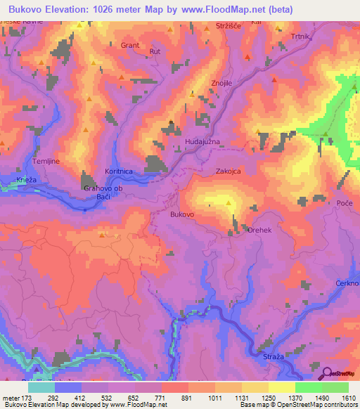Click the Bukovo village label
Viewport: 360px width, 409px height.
click(x=182, y=213)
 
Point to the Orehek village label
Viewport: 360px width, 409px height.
click(x=259, y=229)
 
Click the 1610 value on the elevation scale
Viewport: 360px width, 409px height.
click(x=347, y=398)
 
